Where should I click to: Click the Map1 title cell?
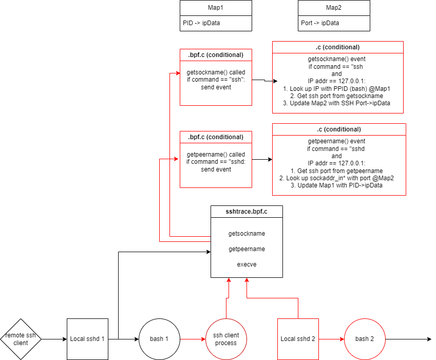[x=216, y=8]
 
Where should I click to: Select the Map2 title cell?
[x=334, y=8]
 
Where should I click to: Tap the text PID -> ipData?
[x=201, y=23]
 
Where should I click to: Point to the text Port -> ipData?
[x=320, y=23]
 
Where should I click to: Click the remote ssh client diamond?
[x=21, y=339]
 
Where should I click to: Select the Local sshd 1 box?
[x=88, y=339]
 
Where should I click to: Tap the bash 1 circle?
[x=159, y=339]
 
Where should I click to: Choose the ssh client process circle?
[x=226, y=339]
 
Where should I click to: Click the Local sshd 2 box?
[x=298, y=339]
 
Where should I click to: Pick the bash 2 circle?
[x=365, y=339]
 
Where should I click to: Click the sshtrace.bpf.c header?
[x=247, y=212]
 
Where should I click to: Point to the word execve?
[x=247, y=264]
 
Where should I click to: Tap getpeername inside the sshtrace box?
[x=247, y=249]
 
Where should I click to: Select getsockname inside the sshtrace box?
[x=247, y=234]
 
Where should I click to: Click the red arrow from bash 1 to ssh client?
[x=193, y=339]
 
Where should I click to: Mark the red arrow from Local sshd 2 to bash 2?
[x=331, y=339]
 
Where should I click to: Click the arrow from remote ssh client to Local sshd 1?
[x=54, y=339]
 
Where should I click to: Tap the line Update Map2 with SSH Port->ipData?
[x=336, y=103]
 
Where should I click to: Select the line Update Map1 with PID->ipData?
[x=336, y=185]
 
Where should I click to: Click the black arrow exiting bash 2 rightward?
[x=408, y=339]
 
